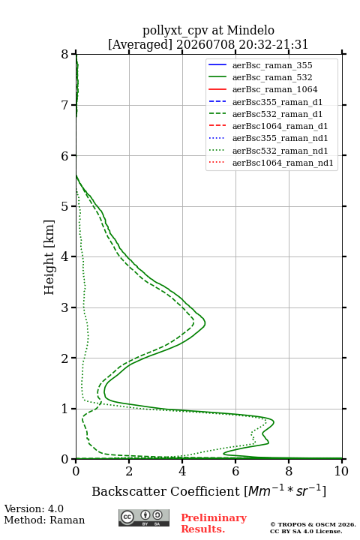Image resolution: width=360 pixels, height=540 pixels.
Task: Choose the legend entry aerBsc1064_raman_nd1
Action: tap(271, 163)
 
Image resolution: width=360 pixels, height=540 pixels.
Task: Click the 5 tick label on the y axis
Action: tap(65, 206)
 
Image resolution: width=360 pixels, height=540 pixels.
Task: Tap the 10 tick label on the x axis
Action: tap(341, 471)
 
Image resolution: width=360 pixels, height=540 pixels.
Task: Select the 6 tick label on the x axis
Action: tap(235, 471)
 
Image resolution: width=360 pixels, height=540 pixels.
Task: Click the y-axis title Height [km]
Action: tap(49, 257)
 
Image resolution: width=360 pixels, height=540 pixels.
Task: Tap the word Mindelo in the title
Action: tap(250, 30)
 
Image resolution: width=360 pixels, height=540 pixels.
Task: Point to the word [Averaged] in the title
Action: tap(140, 44)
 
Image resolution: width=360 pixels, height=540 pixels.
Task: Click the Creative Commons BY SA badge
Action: tap(144, 518)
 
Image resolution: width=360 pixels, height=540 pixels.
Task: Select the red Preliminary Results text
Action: tap(214, 523)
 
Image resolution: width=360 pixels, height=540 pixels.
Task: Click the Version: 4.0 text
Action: tap(34, 508)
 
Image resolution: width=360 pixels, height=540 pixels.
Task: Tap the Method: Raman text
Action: tap(44, 520)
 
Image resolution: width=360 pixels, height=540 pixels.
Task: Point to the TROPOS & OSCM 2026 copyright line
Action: tap(313, 524)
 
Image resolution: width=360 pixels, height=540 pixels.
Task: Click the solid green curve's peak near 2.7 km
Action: tap(205, 323)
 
